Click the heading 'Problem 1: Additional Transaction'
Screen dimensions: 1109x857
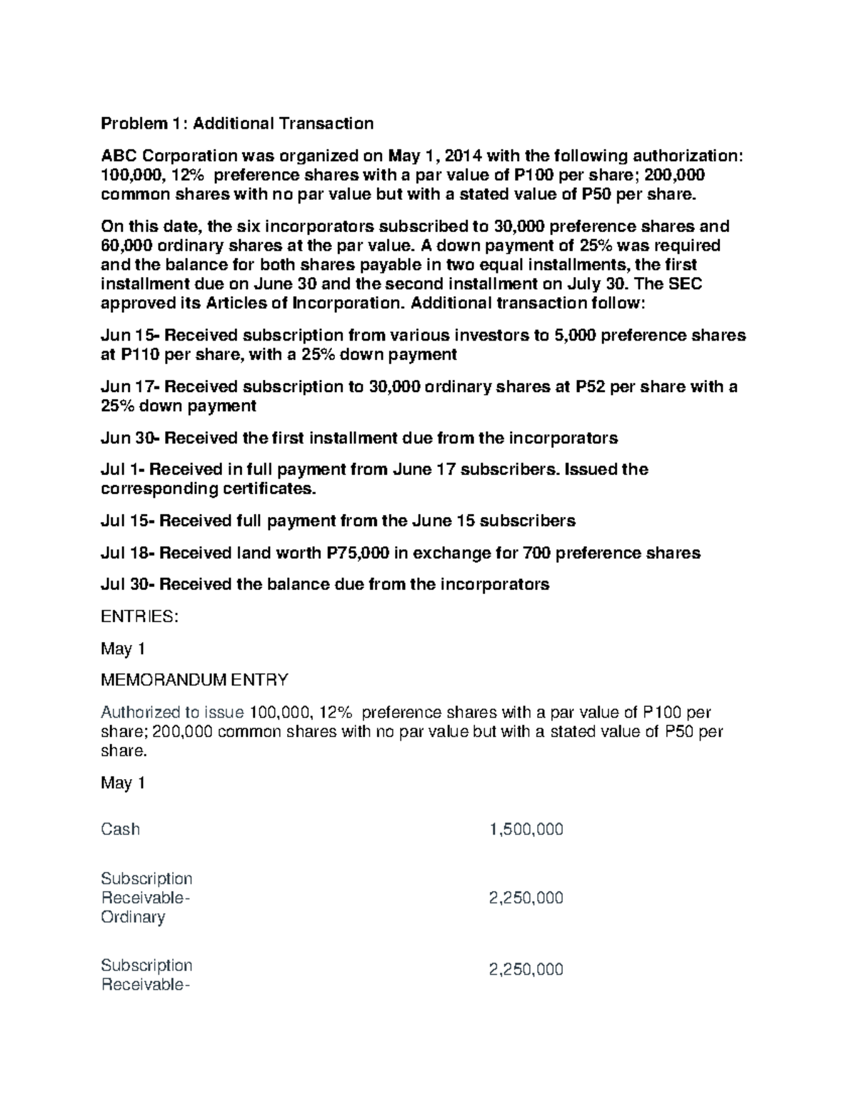[x=236, y=124]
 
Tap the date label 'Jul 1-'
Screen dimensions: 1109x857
[x=123, y=469]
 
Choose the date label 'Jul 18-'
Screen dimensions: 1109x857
[x=128, y=553]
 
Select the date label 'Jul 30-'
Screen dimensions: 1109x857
[x=128, y=584]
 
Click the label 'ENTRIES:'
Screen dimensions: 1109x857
[x=139, y=616]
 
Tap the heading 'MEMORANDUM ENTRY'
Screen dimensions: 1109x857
[x=194, y=680]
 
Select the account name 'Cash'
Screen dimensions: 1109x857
[x=120, y=829]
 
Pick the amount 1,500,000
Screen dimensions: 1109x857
[x=526, y=829]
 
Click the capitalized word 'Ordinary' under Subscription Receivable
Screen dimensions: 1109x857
[x=133, y=917]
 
